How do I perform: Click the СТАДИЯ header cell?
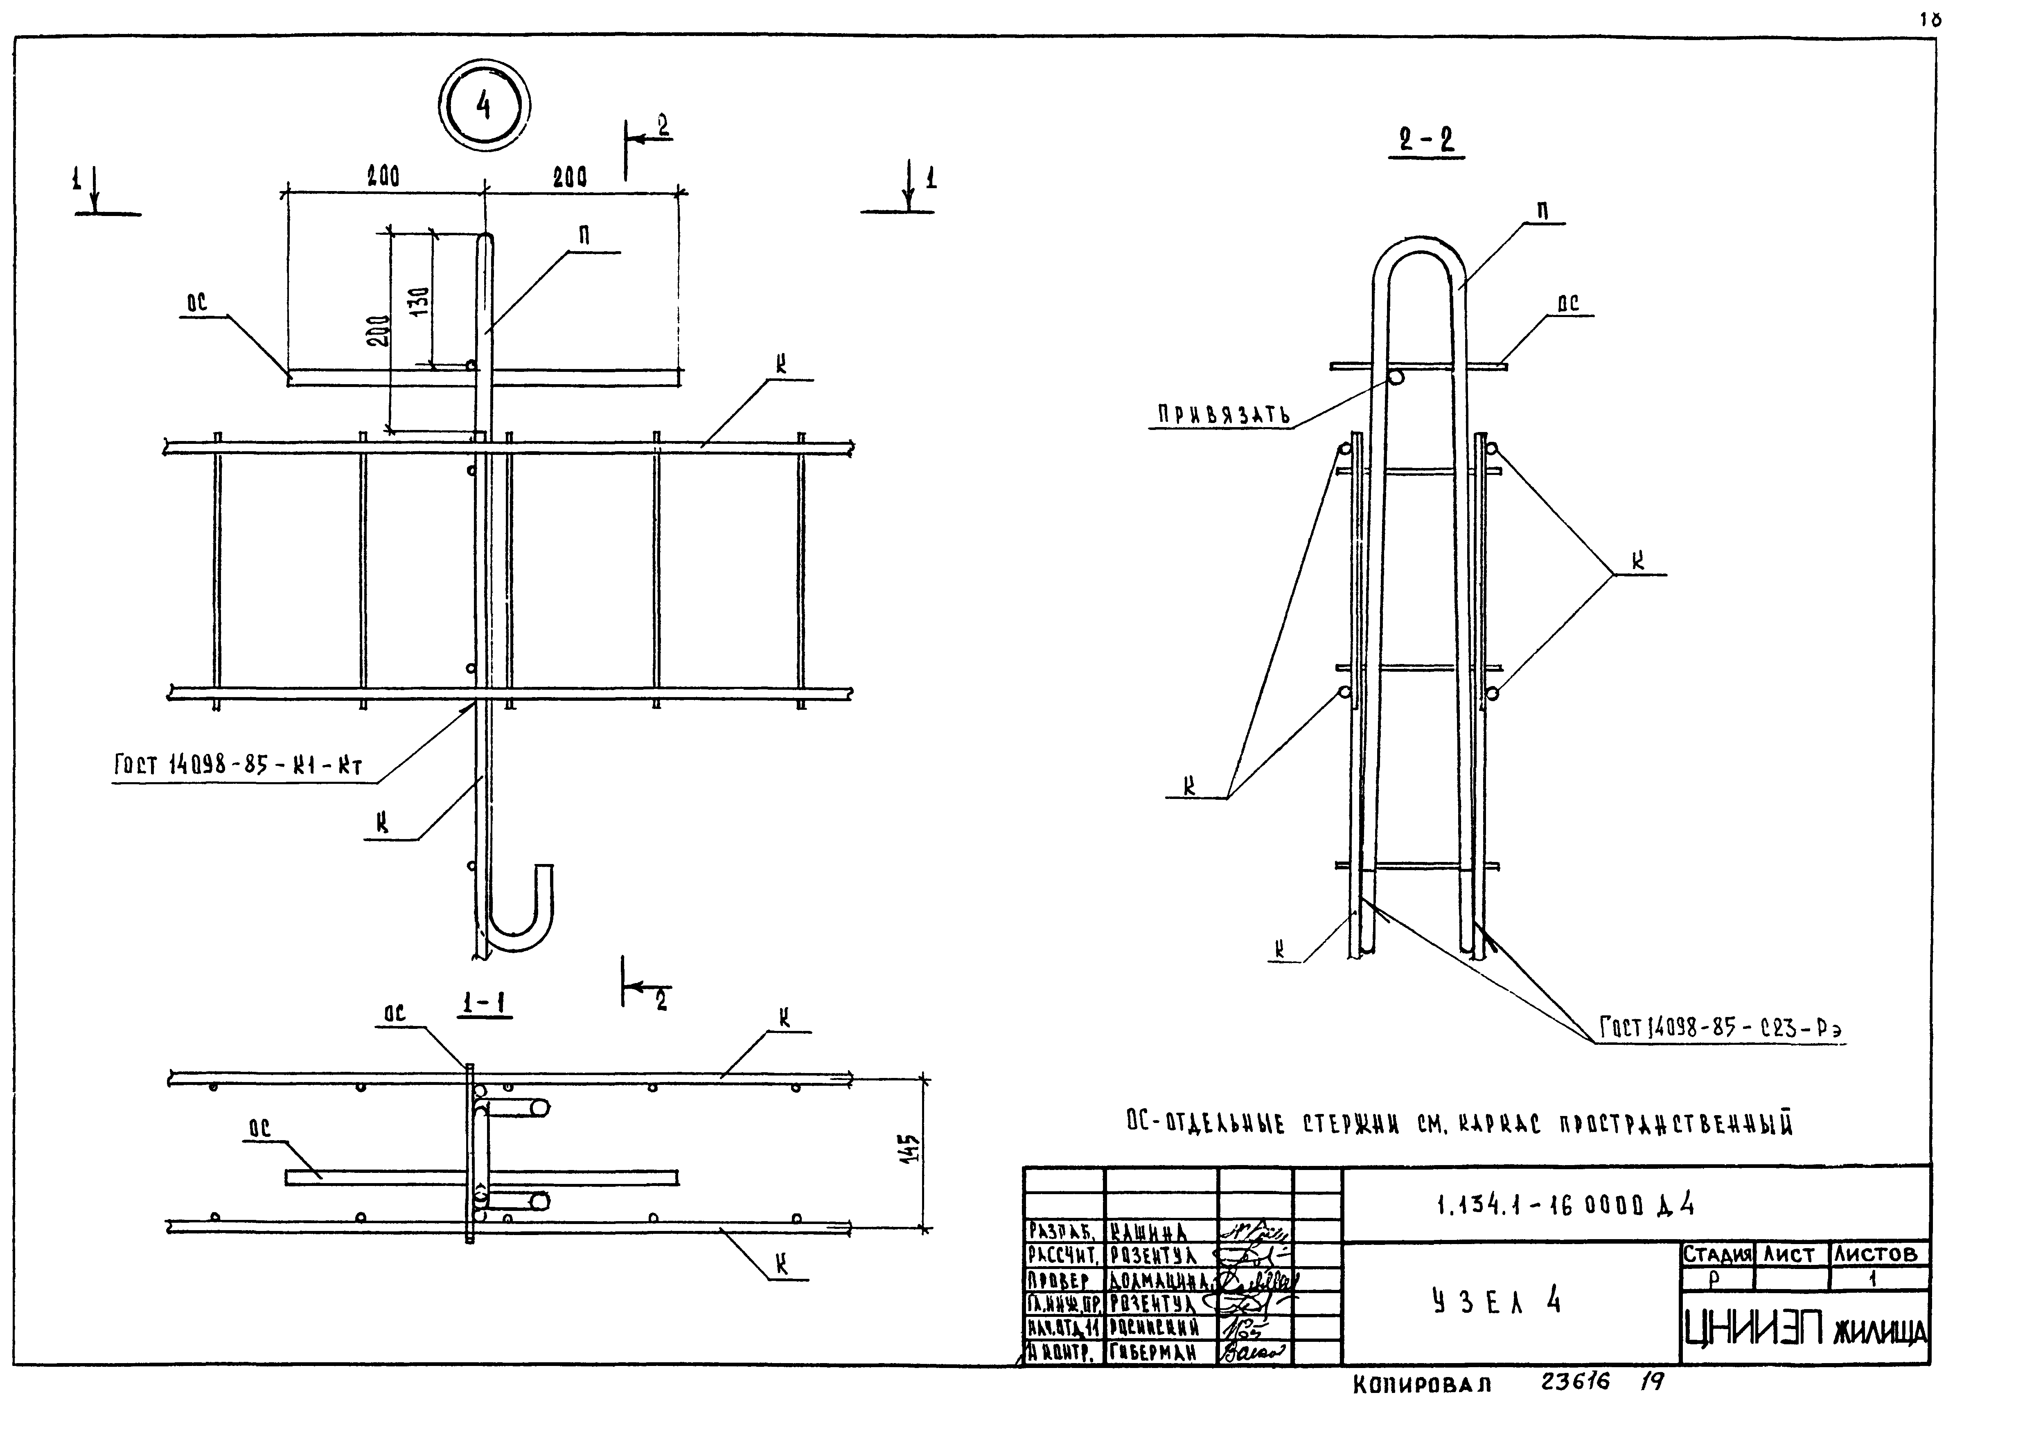pos(1717,1255)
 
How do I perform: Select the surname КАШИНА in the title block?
pos(1149,1232)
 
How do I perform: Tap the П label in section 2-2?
pos(1542,211)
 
